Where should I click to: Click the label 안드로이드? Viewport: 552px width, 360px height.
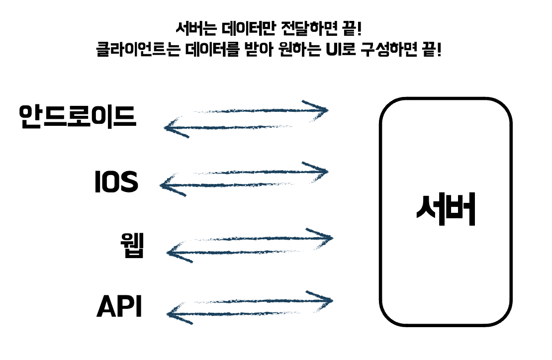click(x=77, y=116)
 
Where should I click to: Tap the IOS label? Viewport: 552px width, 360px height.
click(x=116, y=182)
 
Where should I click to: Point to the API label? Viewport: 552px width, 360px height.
click(x=119, y=306)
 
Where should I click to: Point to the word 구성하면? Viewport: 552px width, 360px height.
click(x=390, y=50)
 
